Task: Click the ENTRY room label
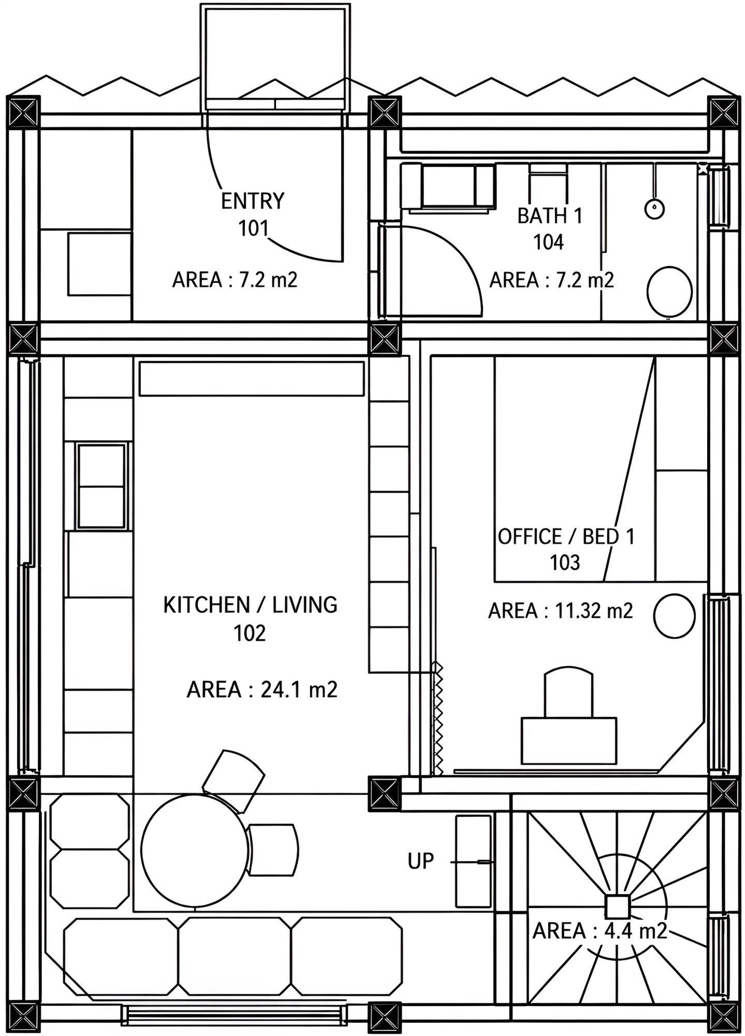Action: pyautogui.click(x=253, y=201)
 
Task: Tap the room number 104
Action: pyautogui.click(x=548, y=242)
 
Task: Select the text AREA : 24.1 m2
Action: pyautogui.click(x=262, y=689)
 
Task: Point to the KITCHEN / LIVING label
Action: pyautogui.click(x=250, y=605)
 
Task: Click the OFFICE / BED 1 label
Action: pyautogui.click(x=566, y=537)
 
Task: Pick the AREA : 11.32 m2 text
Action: pyautogui.click(x=560, y=611)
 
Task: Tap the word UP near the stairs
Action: pyautogui.click(x=420, y=861)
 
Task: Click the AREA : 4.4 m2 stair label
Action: pyautogui.click(x=600, y=931)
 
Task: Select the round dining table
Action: pyautogui.click(x=195, y=850)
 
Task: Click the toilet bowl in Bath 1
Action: pyautogui.click(x=669, y=292)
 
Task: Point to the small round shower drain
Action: pyautogui.click(x=654, y=209)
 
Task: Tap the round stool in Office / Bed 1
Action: pyautogui.click(x=674, y=616)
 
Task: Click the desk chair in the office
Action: pyautogui.click(x=568, y=692)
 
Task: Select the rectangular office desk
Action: pyautogui.click(x=569, y=740)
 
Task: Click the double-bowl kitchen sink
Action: pyautogui.click(x=101, y=486)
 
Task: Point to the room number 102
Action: pyautogui.click(x=250, y=633)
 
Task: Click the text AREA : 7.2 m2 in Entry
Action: pyautogui.click(x=235, y=280)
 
